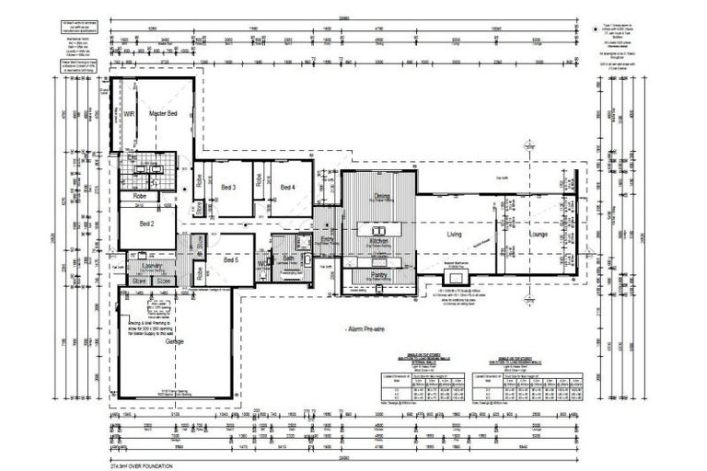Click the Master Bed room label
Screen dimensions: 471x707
(x=163, y=113)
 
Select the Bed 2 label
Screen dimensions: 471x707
(x=146, y=223)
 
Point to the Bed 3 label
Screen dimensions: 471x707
(x=229, y=188)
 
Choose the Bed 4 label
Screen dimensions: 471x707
(x=287, y=188)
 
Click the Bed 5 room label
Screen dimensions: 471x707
(x=230, y=260)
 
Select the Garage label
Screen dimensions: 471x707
(x=175, y=341)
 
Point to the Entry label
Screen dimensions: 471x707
(x=327, y=240)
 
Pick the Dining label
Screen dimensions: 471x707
(x=381, y=196)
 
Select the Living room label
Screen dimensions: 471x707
(x=455, y=235)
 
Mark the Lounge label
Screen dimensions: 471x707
(x=539, y=235)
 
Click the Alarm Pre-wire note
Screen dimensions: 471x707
(x=365, y=327)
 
